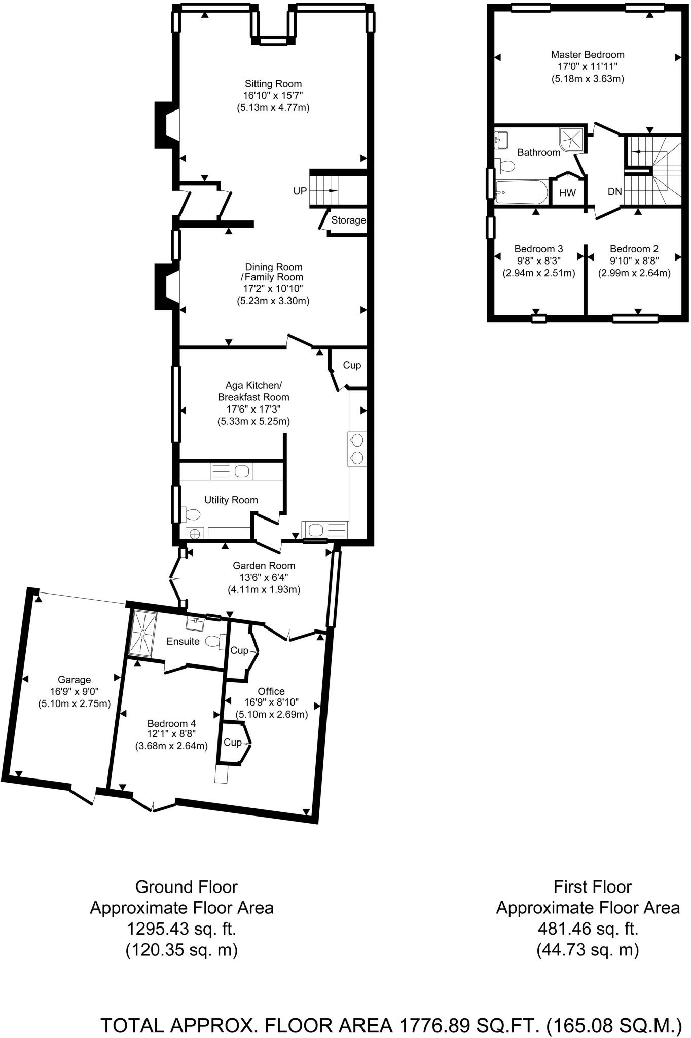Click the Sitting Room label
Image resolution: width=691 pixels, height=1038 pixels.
pos(273,84)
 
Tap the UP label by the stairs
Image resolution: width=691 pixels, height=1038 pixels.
pos(300,191)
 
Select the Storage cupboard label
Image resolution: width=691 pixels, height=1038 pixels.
pos(348,220)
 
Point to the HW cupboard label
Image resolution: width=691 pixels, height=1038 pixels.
pos(567,193)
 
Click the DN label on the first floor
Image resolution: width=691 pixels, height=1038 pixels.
pos(614,191)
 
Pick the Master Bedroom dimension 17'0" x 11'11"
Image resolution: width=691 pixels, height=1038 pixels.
pos(587,66)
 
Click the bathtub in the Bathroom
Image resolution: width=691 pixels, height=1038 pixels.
pos(521,192)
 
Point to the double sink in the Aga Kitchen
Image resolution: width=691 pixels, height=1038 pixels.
pos(357,449)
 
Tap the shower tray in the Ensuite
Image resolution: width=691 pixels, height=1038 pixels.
pos(144,634)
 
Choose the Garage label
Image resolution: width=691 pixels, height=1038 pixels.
pos(74,680)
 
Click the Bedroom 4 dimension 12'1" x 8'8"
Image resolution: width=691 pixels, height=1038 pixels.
pos(171,734)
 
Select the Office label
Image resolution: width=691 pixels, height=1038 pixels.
pos(271,691)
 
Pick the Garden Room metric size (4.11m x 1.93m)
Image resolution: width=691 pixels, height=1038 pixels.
pos(264,589)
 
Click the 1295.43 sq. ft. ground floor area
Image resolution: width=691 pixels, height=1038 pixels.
pos(181,929)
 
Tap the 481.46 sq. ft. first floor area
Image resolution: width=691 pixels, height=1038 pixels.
pos(587,929)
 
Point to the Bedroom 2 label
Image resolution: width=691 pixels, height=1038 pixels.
pos(634,249)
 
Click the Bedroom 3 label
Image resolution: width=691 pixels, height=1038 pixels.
pos(538,249)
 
